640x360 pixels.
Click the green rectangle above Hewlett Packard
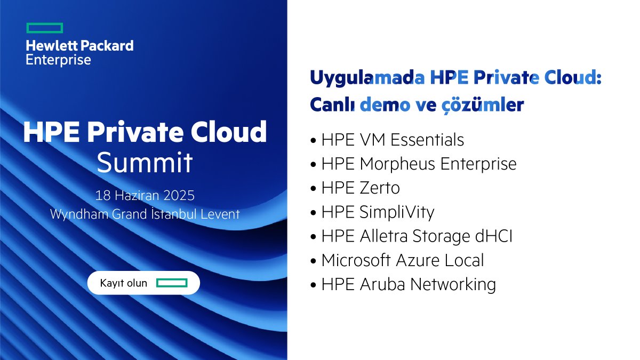(44, 28)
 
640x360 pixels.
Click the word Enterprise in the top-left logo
(58, 60)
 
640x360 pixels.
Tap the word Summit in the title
(144, 163)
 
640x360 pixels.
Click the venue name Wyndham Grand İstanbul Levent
(145, 214)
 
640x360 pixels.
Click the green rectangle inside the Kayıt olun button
(171, 283)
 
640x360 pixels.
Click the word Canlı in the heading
(332, 105)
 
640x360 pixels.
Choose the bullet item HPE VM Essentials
(392, 140)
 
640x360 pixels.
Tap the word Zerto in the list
(379, 188)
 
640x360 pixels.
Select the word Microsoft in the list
(356, 260)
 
